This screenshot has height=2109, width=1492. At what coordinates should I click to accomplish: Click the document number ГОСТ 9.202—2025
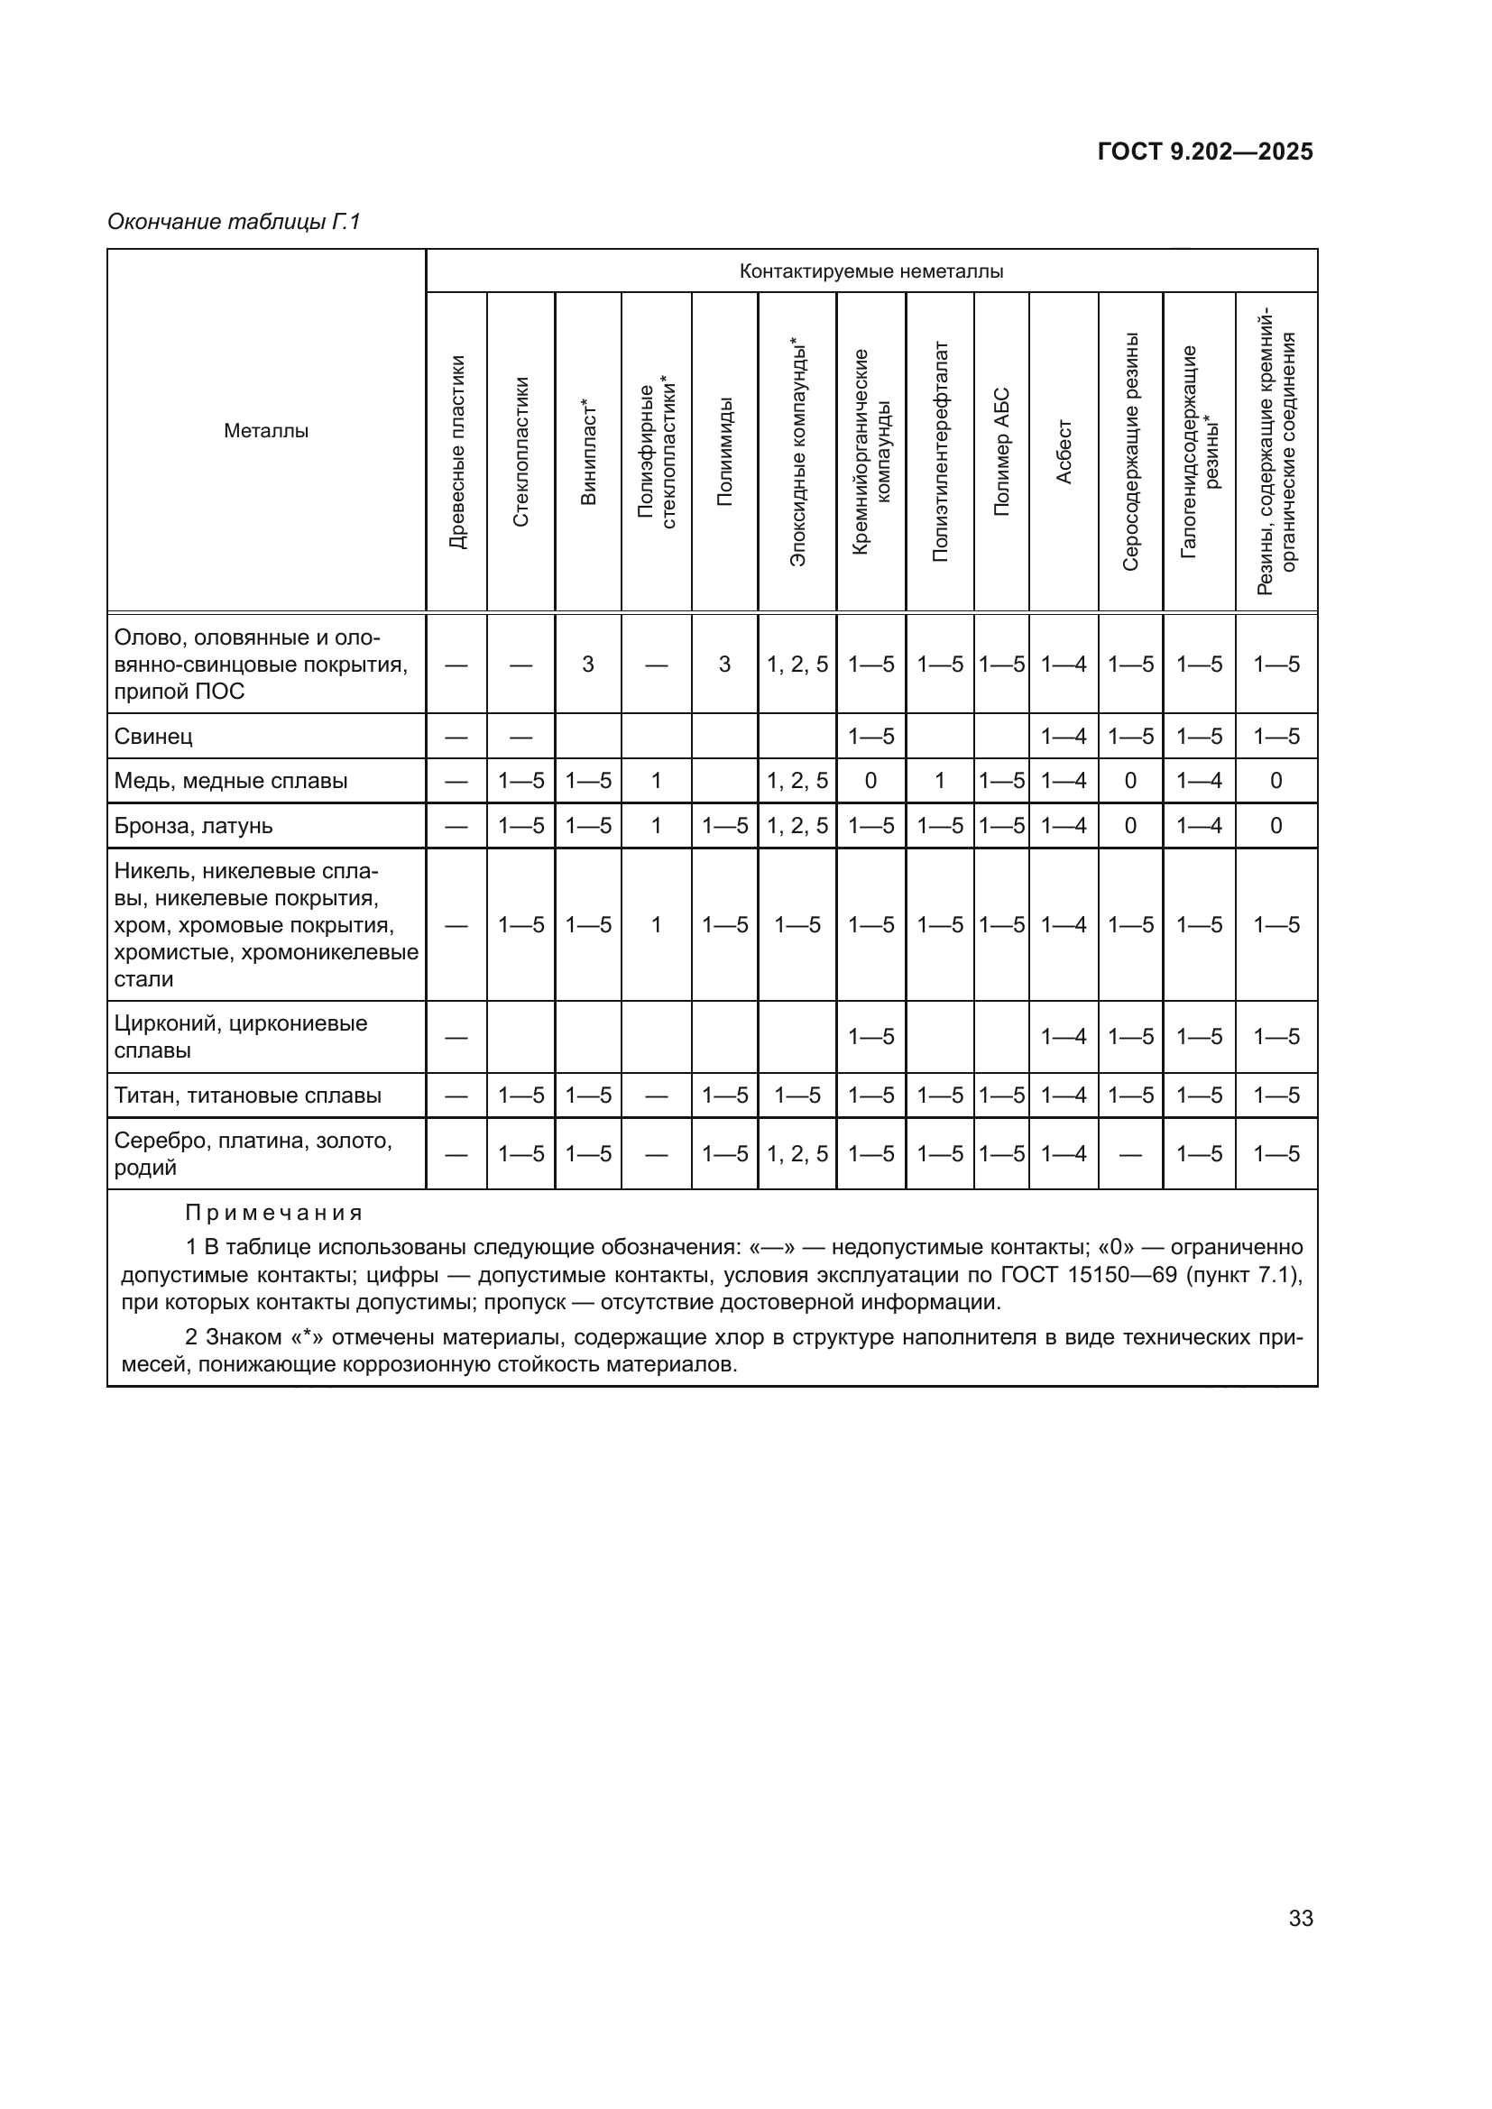(x=1204, y=151)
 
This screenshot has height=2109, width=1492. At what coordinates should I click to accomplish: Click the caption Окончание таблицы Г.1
(x=235, y=222)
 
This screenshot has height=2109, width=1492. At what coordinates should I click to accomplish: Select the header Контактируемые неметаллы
(x=871, y=271)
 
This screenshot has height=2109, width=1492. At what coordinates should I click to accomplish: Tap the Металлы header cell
(x=266, y=431)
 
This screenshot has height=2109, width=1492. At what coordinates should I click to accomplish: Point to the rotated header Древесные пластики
(x=456, y=452)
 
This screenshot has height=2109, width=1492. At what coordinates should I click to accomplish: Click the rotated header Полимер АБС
(x=1001, y=452)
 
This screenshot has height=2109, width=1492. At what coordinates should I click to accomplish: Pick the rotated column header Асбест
(x=1064, y=452)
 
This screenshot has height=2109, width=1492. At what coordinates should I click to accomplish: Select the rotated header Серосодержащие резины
(x=1130, y=452)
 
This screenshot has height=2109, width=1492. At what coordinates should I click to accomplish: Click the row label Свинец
(x=153, y=736)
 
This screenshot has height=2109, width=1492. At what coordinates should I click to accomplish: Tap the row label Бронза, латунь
(x=193, y=826)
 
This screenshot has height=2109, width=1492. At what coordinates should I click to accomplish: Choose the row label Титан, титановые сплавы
(x=247, y=1095)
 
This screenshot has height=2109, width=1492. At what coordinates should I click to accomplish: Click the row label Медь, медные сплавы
(x=231, y=781)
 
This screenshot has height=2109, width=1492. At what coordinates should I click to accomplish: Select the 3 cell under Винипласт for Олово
(x=588, y=665)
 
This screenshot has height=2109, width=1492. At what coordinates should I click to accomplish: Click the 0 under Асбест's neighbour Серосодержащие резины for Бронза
(x=1130, y=826)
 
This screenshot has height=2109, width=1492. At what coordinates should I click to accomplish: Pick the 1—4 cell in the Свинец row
(x=1064, y=736)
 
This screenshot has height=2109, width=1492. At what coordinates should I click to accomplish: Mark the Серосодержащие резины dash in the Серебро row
(x=1130, y=1155)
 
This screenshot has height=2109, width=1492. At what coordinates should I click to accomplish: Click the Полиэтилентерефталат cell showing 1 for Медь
(x=940, y=781)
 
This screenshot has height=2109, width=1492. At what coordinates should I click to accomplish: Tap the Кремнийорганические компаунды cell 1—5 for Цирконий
(x=871, y=1037)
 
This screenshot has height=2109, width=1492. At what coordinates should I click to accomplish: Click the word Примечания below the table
(x=274, y=1213)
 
